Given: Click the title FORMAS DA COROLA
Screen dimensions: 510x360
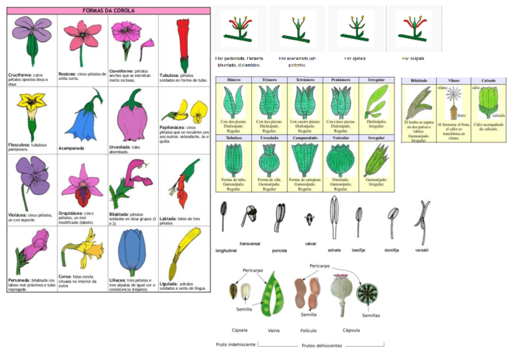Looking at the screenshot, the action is [x=108, y=10].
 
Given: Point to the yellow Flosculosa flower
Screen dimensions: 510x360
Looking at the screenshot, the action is [x=31, y=108].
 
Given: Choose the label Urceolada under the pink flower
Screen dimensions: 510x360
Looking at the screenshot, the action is [x=123, y=145].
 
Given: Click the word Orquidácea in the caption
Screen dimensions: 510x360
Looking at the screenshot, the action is [x=71, y=213].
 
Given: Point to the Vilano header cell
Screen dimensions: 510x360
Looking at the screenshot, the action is [x=453, y=80].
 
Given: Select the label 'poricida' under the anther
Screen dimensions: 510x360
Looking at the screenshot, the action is [x=279, y=250].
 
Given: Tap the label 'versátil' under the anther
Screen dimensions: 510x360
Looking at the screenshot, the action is [x=422, y=249].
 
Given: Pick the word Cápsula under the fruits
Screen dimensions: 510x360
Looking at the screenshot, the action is [x=351, y=330].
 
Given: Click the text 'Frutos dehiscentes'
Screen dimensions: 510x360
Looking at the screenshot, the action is [x=322, y=346].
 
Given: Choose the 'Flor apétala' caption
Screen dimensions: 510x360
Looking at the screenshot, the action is [x=355, y=58].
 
